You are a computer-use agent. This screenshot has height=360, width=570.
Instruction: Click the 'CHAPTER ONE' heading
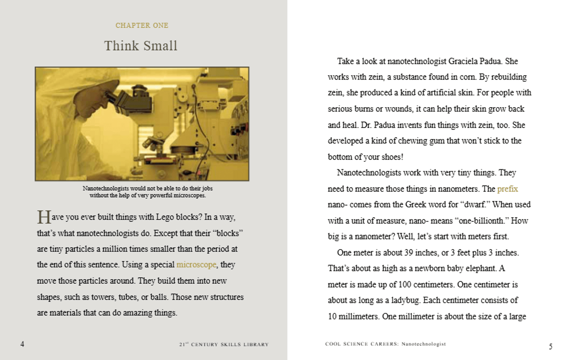(142, 26)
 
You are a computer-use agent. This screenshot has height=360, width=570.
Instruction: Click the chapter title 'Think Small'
(141, 46)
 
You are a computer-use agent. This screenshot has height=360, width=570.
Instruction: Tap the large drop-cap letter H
(44, 217)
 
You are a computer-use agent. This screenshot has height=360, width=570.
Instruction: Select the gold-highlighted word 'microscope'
(196, 265)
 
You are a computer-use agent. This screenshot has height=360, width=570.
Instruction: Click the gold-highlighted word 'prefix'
(507, 189)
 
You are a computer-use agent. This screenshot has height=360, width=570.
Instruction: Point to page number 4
(22, 344)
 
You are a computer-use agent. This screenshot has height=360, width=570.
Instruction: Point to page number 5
(551, 346)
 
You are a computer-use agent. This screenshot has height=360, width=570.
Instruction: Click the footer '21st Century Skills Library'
(224, 345)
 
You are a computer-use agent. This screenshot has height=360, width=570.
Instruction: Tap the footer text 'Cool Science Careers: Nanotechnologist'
(385, 344)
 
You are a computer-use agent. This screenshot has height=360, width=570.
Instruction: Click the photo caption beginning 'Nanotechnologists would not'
(148, 192)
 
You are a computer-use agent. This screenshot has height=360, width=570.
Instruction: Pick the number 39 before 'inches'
(409, 252)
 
